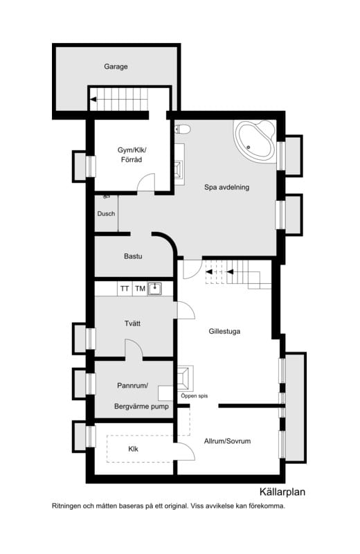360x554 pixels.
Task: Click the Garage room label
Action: click(116, 67)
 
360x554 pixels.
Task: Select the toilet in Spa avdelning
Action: click(183, 129)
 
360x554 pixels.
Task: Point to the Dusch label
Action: click(106, 214)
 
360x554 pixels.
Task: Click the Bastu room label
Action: click(133, 256)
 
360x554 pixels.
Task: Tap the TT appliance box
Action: click(125, 288)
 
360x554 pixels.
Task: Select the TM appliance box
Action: click(141, 288)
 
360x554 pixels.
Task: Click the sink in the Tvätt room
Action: click(156, 288)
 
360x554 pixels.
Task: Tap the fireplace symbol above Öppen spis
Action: click(185, 378)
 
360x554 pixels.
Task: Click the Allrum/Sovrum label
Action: click(227, 441)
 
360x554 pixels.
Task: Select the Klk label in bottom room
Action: click(134, 449)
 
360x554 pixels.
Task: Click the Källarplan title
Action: click(282, 493)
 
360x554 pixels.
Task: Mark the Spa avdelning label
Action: click(226, 188)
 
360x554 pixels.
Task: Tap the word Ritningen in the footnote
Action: click(68, 506)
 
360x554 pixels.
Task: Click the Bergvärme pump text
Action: click(141, 406)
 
